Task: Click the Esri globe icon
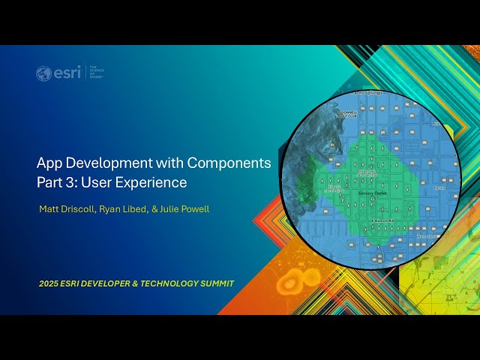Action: pyautogui.click(x=43, y=73)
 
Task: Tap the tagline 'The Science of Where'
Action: pyautogui.click(x=97, y=72)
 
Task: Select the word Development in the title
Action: pyautogui.click(x=104, y=163)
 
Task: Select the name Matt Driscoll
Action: pyautogui.click(x=66, y=209)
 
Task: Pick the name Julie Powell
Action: pyautogui.click(x=185, y=209)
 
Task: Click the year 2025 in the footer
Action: pyautogui.click(x=49, y=283)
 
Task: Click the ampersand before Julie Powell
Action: pyautogui.click(x=154, y=209)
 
